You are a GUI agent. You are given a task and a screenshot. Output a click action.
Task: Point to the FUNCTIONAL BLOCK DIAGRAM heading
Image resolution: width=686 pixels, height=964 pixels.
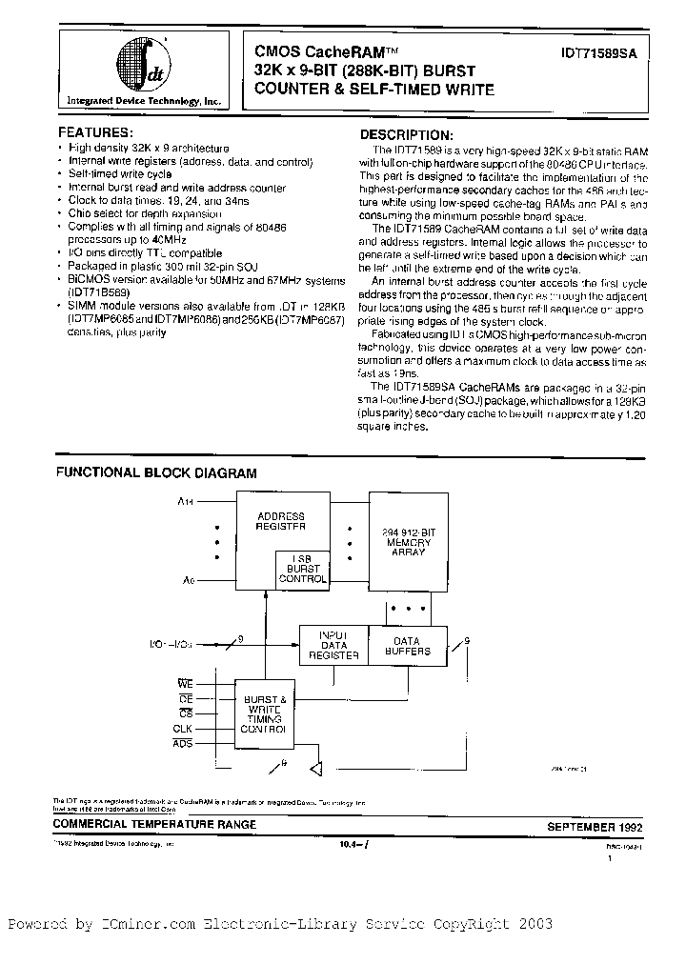pyautogui.click(x=155, y=472)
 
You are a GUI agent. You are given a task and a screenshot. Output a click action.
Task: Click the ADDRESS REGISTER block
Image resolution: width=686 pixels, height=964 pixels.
pyautogui.click(x=281, y=520)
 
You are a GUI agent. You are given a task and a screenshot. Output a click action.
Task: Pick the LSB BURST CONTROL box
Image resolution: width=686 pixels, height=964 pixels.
pyautogui.click(x=302, y=568)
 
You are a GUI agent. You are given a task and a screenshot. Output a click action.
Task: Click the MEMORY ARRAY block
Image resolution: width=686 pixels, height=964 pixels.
pyautogui.click(x=406, y=543)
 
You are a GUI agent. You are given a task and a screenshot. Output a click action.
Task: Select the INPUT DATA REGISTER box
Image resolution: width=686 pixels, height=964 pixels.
pyautogui.click(x=332, y=644)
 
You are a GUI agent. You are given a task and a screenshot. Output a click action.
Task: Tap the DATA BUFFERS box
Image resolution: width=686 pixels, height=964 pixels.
pyautogui.click(x=407, y=644)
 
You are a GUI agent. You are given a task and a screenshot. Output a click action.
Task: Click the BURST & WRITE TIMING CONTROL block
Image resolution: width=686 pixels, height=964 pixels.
pyautogui.click(x=266, y=713)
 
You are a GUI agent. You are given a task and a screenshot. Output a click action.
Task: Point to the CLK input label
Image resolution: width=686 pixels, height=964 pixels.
pyautogui.click(x=182, y=728)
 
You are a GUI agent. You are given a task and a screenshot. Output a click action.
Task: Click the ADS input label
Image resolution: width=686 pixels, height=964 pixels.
pyautogui.click(x=182, y=742)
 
